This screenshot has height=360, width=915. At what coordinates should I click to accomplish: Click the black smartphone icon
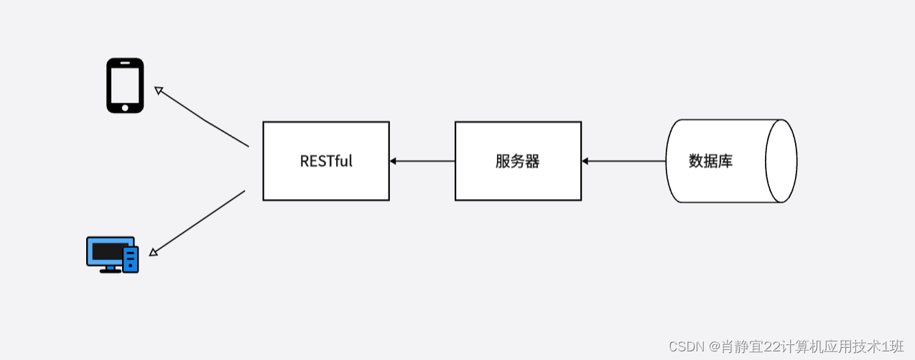pos(125,86)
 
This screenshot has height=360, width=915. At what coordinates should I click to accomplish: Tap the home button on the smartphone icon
pos(125,108)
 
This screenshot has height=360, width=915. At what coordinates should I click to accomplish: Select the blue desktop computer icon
pos(112,254)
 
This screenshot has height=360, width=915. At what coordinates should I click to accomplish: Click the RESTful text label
pos(326,161)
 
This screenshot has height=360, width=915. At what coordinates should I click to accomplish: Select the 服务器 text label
pos(517,161)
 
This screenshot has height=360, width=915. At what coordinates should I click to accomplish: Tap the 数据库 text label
pos(710,161)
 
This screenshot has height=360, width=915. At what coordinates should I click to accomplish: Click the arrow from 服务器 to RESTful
pos(424,161)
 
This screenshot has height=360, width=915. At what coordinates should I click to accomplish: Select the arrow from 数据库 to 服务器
pos(625,161)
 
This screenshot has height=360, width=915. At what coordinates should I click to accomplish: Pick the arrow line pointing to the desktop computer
pos(201,222)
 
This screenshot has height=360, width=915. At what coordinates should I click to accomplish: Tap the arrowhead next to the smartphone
pos(159,91)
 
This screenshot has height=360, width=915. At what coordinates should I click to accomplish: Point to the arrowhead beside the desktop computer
pos(153,252)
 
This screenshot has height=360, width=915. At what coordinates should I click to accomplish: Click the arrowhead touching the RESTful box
pos(394,161)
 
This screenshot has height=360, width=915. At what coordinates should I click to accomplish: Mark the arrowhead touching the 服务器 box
pos(586,161)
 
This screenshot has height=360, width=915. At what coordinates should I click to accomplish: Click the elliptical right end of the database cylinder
pos(781,161)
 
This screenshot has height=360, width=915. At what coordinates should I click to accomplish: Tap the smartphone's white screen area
pos(125,83)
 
